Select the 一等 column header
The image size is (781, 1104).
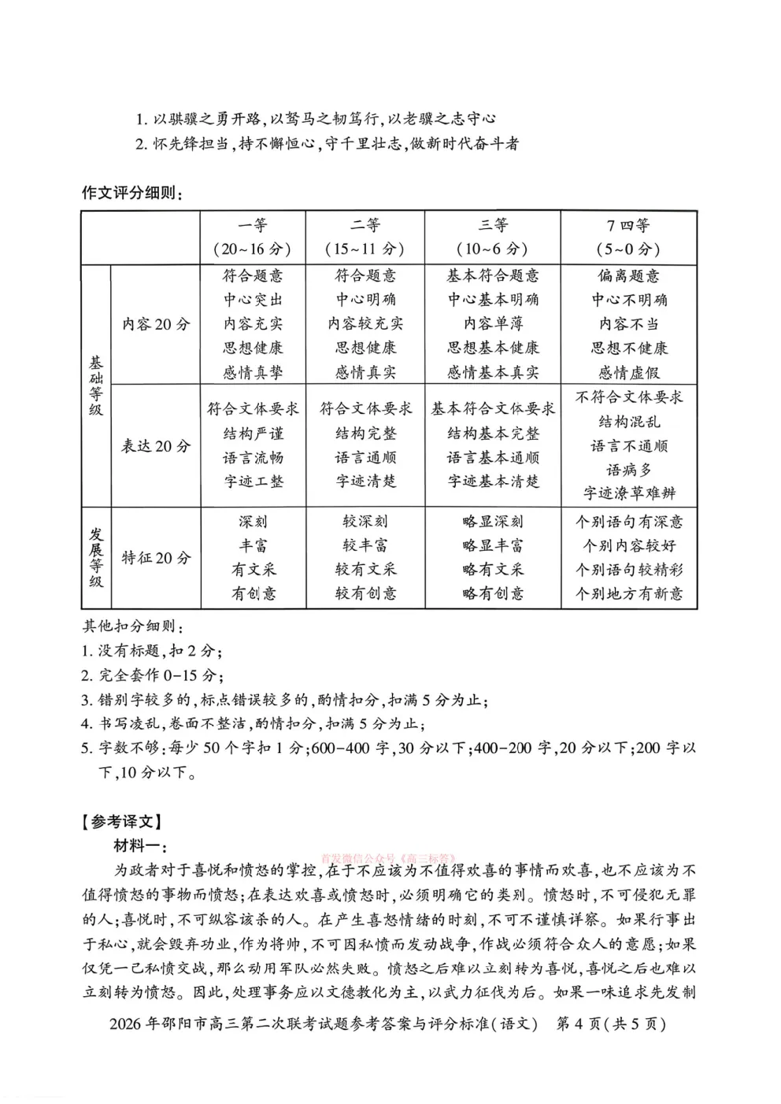tap(253, 226)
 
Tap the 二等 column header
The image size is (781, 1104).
tap(365, 226)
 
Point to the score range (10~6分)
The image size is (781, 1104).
tap(492, 249)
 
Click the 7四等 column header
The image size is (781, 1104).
tap(627, 226)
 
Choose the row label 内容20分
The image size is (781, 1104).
tap(156, 323)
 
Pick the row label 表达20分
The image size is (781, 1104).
tap(156, 445)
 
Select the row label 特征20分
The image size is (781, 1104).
tap(156, 558)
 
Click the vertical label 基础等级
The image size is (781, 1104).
tap(96, 386)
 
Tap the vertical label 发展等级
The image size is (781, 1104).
tap(96, 558)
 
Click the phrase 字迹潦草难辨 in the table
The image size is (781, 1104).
tap(629, 493)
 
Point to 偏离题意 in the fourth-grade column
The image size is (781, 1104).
tap(628, 275)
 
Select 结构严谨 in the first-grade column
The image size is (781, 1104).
tap(253, 434)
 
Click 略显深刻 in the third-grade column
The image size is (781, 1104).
tap(493, 522)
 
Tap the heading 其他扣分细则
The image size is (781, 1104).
tap(132, 627)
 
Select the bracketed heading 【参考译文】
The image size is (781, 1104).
tap(122, 822)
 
